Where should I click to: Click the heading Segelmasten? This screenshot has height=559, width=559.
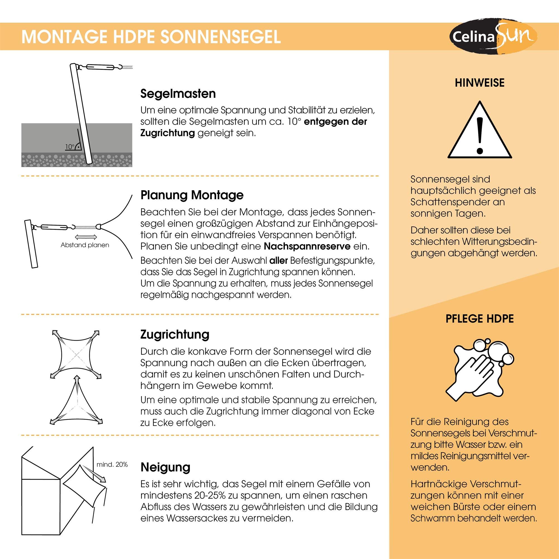pos(178,94)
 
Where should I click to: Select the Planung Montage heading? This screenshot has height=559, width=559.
pos(192,195)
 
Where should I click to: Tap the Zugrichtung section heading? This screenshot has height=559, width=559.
pos(175,335)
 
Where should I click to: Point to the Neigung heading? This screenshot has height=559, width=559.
pos(165,467)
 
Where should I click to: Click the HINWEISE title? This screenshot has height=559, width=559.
pos(479,83)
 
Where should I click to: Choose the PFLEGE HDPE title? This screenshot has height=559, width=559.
pos(479,319)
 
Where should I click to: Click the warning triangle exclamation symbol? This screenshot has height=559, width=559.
pos(480,130)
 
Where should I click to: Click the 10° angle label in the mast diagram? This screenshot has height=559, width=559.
pos(70,147)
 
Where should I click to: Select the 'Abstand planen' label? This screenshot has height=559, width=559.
pos(85,245)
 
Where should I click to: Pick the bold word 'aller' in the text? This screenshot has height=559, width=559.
pos(278,261)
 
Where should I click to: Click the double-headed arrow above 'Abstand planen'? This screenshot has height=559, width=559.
pos(86,237)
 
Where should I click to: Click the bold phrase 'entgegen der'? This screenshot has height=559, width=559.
pos(335,122)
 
